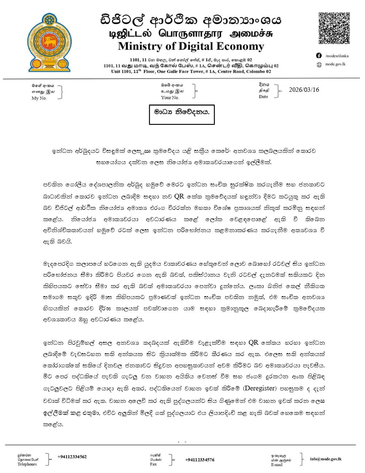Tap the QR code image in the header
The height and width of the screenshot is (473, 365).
point(334,29)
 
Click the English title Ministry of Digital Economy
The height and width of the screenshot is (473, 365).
point(191,46)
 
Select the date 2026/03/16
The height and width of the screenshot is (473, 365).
point(304,90)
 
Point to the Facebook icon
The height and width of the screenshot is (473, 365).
point(319,56)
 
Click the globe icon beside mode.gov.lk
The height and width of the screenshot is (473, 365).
point(319,64)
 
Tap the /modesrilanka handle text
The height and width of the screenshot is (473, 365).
point(337,56)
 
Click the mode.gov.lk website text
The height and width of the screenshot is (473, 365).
point(335,64)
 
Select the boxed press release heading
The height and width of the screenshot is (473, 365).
point(181,112)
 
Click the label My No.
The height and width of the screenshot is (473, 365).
point(39,98)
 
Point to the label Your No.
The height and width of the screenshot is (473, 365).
point(170,98)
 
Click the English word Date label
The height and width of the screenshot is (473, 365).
point(263,97)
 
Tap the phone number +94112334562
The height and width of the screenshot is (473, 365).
point(72,457)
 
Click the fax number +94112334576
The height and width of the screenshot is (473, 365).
point(199,460)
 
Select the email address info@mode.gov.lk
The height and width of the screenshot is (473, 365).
point(326,459)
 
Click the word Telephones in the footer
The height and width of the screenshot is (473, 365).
point(27,464)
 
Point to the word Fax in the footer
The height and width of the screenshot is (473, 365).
point(153,464)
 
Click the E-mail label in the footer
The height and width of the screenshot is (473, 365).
point(276,465)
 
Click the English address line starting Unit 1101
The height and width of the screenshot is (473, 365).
point(191,72)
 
